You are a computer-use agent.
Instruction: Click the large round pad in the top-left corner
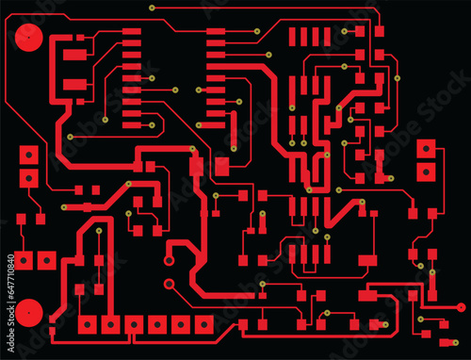[x=29, y=38]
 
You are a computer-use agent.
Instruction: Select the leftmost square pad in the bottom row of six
[x=89, y=325]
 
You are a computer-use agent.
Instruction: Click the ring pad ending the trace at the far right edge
[x=461, y=306]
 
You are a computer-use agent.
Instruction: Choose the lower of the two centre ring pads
[x=170, y=283]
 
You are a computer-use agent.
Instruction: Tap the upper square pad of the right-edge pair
[x=427, y=149]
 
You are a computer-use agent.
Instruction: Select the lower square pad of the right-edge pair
[x=427, y=172]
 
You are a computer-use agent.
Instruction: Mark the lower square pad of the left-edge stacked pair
[x=30, y=176]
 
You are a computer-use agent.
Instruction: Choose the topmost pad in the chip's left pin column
[x=132, y=33]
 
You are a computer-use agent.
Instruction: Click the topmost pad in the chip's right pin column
[x=217, y=33]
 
